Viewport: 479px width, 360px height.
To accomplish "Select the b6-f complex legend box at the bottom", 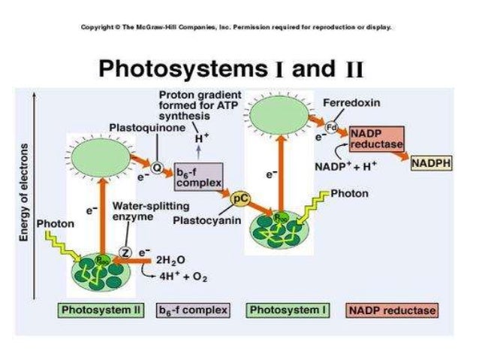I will pyautogui.click(x=192, y=309).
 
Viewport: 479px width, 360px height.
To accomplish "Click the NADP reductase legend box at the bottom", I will pyautogui.click(x=391, y=309).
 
